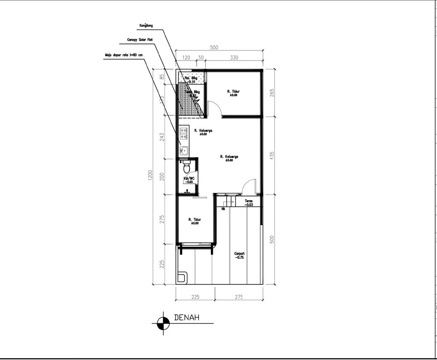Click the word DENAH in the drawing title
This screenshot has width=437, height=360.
(187, 318)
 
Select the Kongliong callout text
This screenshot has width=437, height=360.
(146, 26)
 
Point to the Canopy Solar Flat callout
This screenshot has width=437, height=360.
(140, 40)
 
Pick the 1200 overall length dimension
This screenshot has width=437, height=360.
(150, 175)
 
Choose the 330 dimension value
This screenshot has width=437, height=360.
(234, 58)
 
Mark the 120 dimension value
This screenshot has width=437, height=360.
(186, 58)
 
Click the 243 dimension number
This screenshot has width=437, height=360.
(162, 137)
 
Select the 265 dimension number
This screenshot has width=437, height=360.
(272, 93)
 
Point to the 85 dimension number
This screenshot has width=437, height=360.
(162, 77)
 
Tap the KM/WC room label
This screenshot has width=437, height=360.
(189, 178)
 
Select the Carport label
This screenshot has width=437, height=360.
(239, 253)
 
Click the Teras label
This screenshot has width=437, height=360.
(249, 201)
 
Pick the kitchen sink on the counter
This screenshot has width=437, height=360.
(184, 150)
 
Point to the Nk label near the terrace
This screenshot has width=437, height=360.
(223, 209)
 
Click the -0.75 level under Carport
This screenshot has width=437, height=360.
(239, 258)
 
